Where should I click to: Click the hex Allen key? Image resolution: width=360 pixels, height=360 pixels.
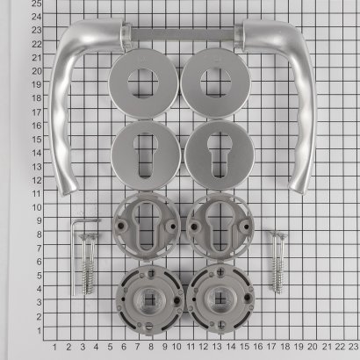pyautogui.click(x=73, y=257)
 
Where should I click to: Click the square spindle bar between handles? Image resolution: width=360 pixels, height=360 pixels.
pyautogui.click(x=183, y=34)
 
